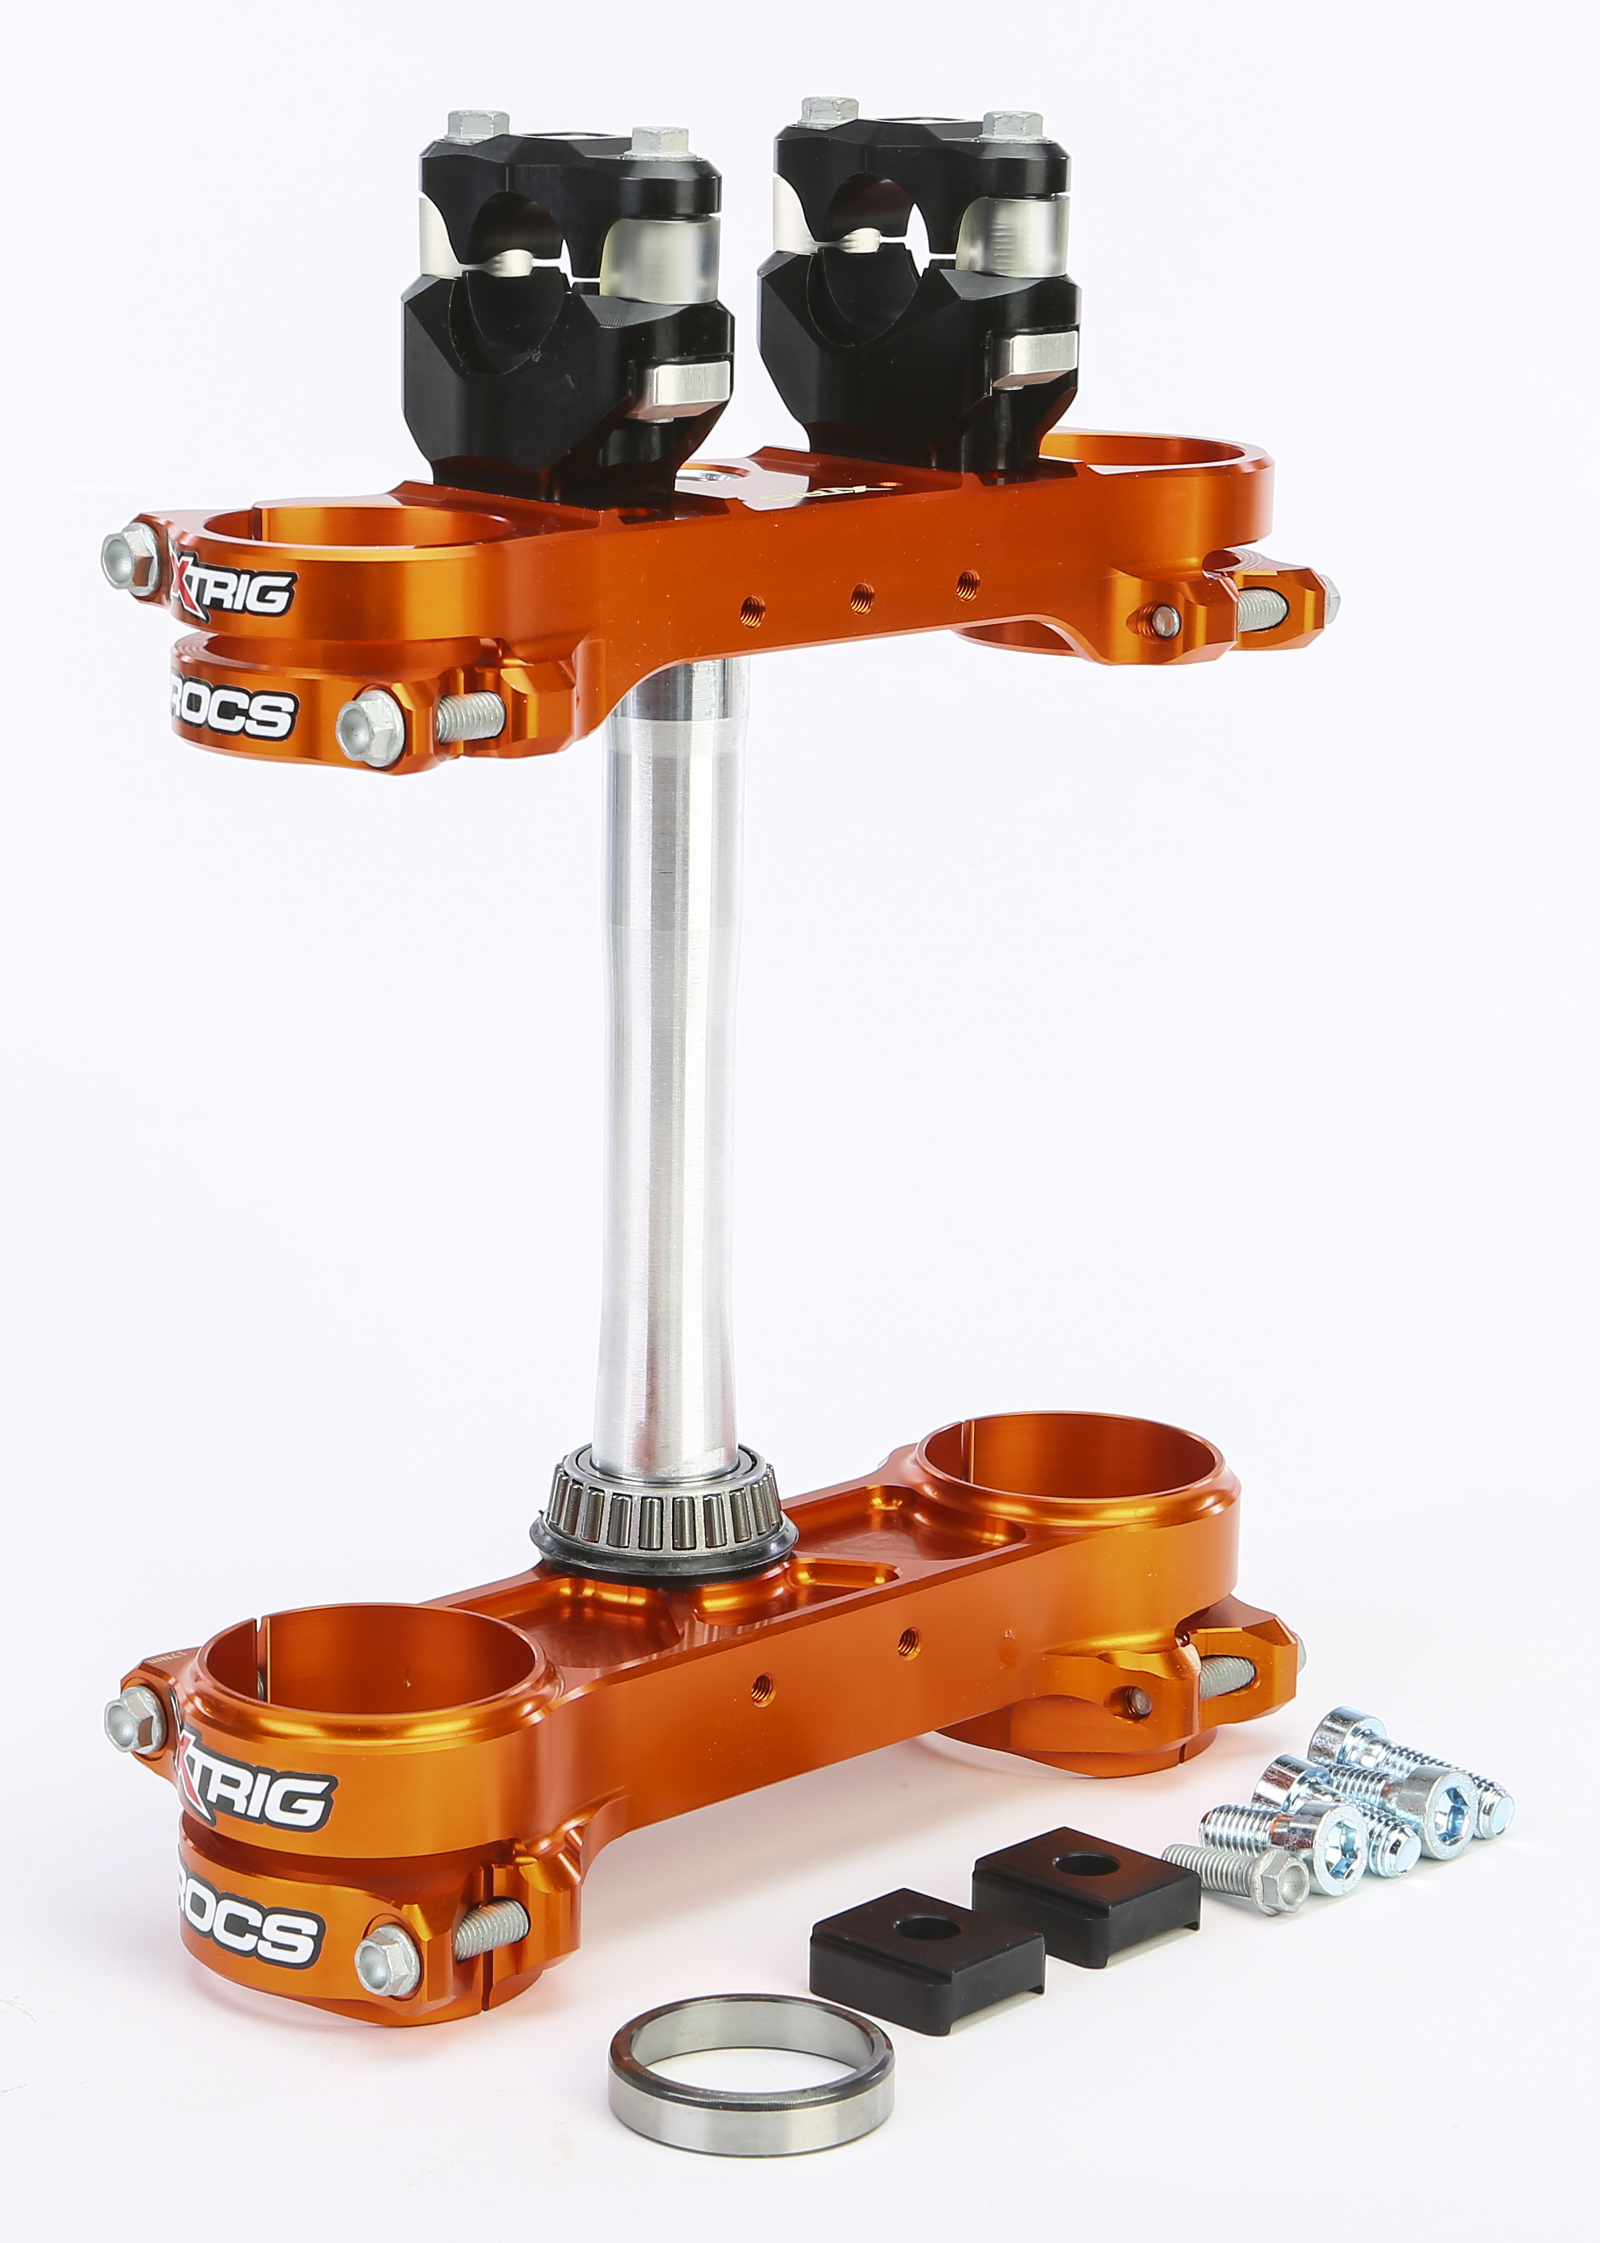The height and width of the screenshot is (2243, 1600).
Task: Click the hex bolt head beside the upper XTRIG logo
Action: click(129, 557)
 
